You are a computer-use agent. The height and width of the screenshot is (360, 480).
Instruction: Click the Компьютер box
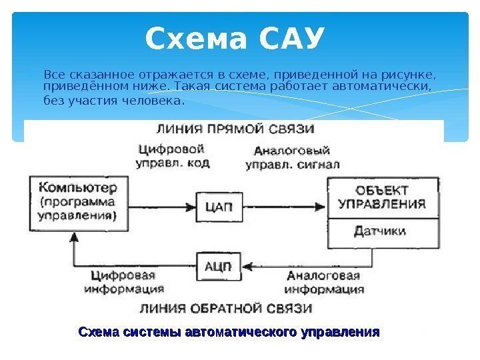[x=76, y=200]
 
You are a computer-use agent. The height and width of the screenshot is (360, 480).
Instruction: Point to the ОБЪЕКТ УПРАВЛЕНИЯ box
[x=382, y=197]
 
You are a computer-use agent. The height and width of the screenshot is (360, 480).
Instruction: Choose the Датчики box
[x=382, y=232]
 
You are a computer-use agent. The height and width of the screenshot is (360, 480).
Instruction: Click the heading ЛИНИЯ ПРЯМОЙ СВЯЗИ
[x=235, y=129]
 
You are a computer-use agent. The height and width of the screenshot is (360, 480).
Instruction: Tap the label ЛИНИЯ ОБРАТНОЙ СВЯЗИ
[x=225, y=308]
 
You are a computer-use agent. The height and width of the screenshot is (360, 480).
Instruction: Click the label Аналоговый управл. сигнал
[x=293, y=157]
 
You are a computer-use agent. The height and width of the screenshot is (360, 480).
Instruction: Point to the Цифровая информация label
[x=123, y=283]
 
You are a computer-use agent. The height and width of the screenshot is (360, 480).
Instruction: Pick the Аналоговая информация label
[x=324, y=283]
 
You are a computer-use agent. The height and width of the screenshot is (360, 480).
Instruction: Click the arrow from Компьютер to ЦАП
[x=161, y=207]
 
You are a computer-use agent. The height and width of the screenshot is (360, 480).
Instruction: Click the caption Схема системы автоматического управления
[x=229, y=331]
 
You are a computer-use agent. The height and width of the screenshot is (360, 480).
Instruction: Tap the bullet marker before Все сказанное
[x=36, y=73]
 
